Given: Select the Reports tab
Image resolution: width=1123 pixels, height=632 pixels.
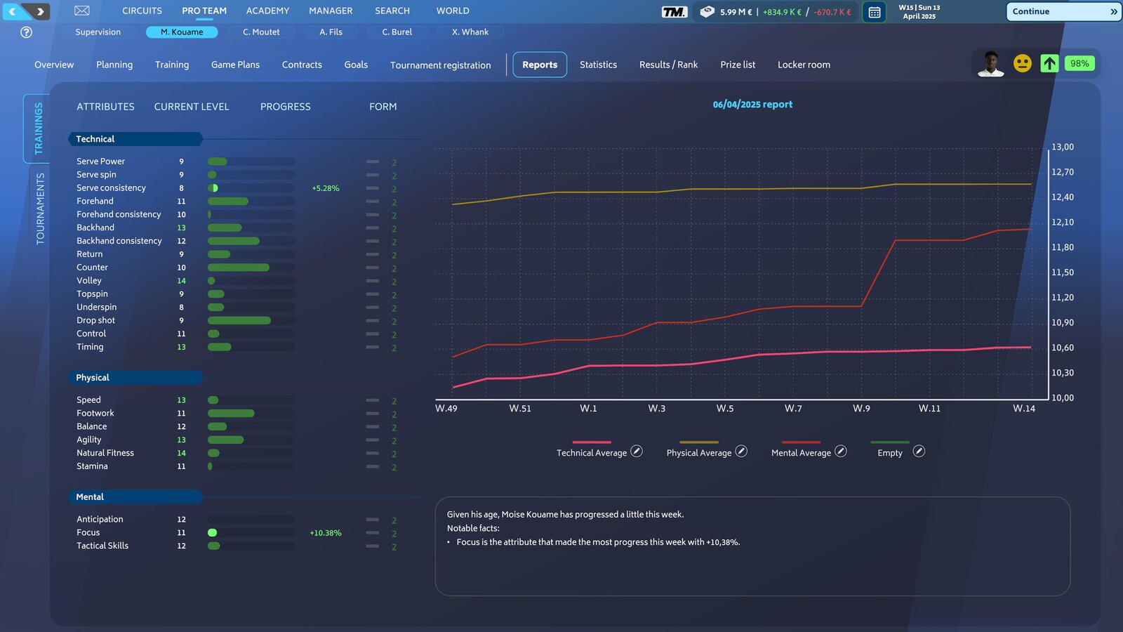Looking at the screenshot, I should pos(540,65).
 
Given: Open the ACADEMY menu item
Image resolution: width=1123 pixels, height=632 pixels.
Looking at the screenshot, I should pos(267,11).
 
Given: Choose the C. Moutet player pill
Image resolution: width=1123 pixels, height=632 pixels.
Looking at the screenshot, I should pos(261,32).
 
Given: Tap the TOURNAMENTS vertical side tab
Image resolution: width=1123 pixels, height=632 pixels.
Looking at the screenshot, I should pos(40,208).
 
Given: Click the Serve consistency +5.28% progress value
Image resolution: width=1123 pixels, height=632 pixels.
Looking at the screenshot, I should pos(326,188).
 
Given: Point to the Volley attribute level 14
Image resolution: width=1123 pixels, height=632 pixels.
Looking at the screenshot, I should pos(182,281).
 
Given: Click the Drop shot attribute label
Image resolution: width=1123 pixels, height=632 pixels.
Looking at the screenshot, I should pos(96,320).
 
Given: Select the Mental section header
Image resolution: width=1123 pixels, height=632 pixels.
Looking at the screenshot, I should pos(90,497).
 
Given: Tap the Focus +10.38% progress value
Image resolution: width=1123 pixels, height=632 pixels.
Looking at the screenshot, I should pos(326,533).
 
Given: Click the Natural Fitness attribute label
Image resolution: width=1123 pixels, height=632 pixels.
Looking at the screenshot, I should pos(105,453).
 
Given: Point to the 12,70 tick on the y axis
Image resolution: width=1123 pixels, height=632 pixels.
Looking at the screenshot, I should pos(1062,172).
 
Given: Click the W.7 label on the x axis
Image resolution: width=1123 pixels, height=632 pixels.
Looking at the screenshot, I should pos(793,409).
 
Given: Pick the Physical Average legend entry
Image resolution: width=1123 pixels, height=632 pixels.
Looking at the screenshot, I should pos(698,453).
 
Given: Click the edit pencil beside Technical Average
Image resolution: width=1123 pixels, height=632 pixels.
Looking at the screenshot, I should pos(637,452).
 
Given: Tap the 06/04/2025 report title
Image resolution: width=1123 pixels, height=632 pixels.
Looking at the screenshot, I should pos(752,105).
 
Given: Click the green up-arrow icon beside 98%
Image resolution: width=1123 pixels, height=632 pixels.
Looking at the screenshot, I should pos(1049,64).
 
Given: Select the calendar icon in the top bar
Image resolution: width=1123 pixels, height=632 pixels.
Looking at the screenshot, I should pos(875,12).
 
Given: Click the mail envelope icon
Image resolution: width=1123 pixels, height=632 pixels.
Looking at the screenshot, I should pos(82,11).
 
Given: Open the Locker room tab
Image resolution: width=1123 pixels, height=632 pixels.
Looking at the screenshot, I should pos(804,65).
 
